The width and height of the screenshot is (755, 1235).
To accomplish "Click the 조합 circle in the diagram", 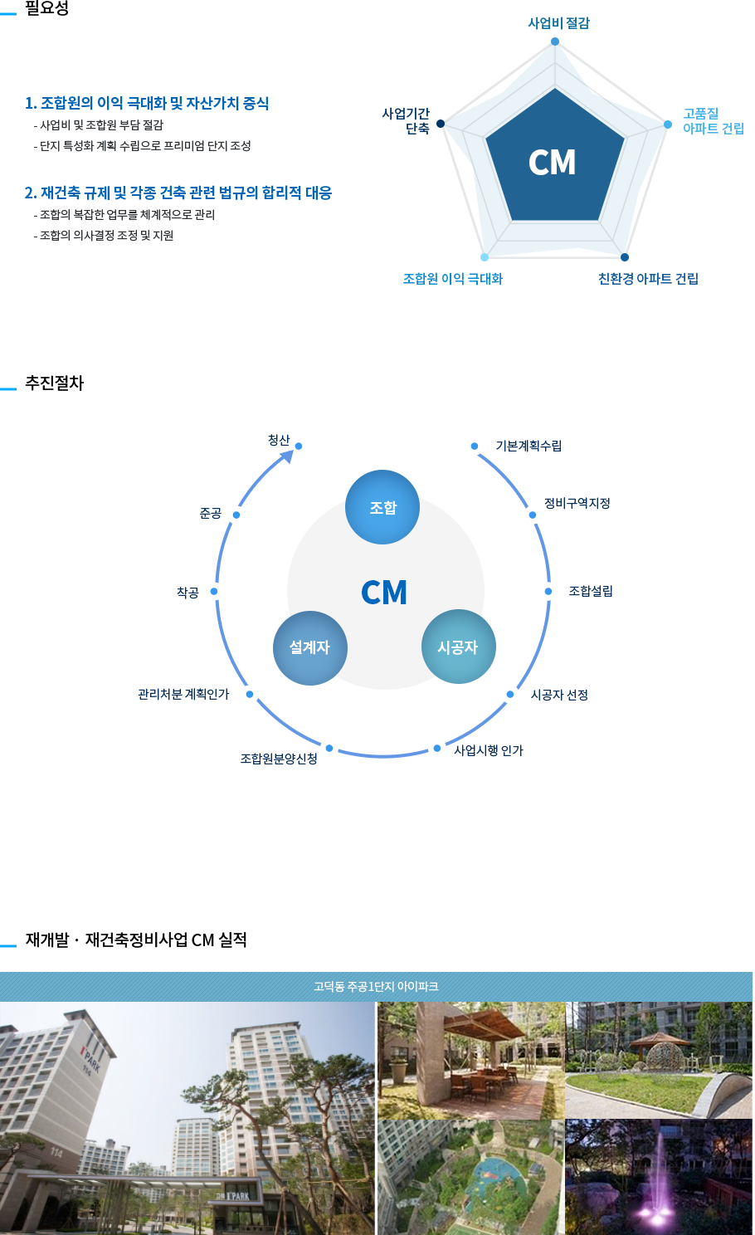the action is (x=382, y=507).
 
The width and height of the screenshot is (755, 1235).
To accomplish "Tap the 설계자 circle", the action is (x=310, y=648).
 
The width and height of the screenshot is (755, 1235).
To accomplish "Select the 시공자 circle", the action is (x=459, y=647).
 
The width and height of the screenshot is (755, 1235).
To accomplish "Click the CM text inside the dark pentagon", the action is (x=553, y=163).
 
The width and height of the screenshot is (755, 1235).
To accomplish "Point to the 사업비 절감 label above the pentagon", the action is (x=559, y=23).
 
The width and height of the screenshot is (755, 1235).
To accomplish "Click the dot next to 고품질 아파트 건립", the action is (x=667, y=124).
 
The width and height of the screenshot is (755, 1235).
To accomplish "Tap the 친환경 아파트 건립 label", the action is (x=648, y=279).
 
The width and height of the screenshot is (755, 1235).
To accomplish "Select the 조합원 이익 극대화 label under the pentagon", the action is (x=453, y=279).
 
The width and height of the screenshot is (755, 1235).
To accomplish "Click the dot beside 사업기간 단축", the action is (x=441, y=124).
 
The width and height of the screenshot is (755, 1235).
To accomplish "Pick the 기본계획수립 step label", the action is (x=529, y=446).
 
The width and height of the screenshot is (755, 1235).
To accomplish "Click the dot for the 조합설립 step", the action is (x=548, y=592).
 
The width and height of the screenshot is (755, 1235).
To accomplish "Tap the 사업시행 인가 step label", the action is (x=489, y=750).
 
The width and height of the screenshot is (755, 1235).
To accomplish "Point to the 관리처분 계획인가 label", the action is (x=183, y=694).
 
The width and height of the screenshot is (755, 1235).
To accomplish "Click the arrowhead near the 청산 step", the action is (x=287, y=456).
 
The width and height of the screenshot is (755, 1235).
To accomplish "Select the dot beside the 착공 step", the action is (x=214, y=592).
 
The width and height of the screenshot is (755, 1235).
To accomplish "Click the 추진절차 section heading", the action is (x=55, y=383).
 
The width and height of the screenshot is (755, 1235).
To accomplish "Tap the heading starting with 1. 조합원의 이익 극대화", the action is (x=147, y=103).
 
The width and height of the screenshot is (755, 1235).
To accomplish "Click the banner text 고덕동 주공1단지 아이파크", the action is (x=377, y=986).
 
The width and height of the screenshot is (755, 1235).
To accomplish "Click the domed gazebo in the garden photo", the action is (x=660, y=1050).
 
